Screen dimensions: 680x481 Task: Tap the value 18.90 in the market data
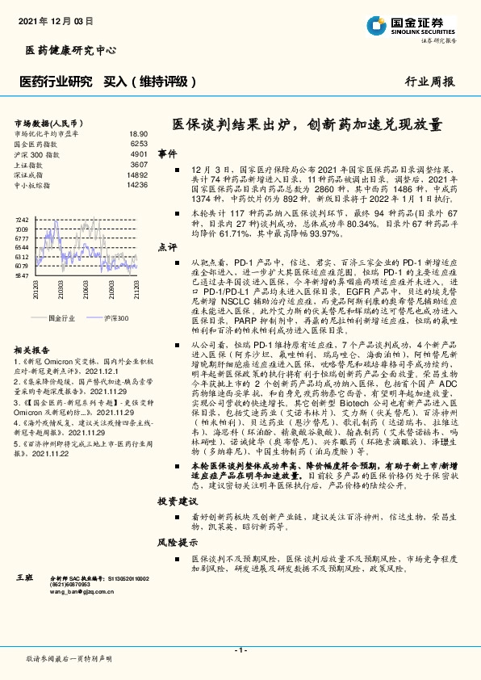(x=138, y=133)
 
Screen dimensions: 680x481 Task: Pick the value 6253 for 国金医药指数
(x=139, y=143)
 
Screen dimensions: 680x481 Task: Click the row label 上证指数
(x=30, y=164)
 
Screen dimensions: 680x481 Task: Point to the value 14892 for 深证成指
(x=137, y=174)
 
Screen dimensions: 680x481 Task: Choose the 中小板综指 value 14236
(x=137, y=184)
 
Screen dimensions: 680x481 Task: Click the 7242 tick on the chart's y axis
(x=22, y=220)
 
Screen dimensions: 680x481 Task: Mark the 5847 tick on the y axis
(x=22, y=275)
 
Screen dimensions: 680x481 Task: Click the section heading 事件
(x=167, y=153)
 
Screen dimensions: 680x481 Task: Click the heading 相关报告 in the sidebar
(x=33, y=349)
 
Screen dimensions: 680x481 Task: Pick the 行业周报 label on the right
(x=429, y=82)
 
